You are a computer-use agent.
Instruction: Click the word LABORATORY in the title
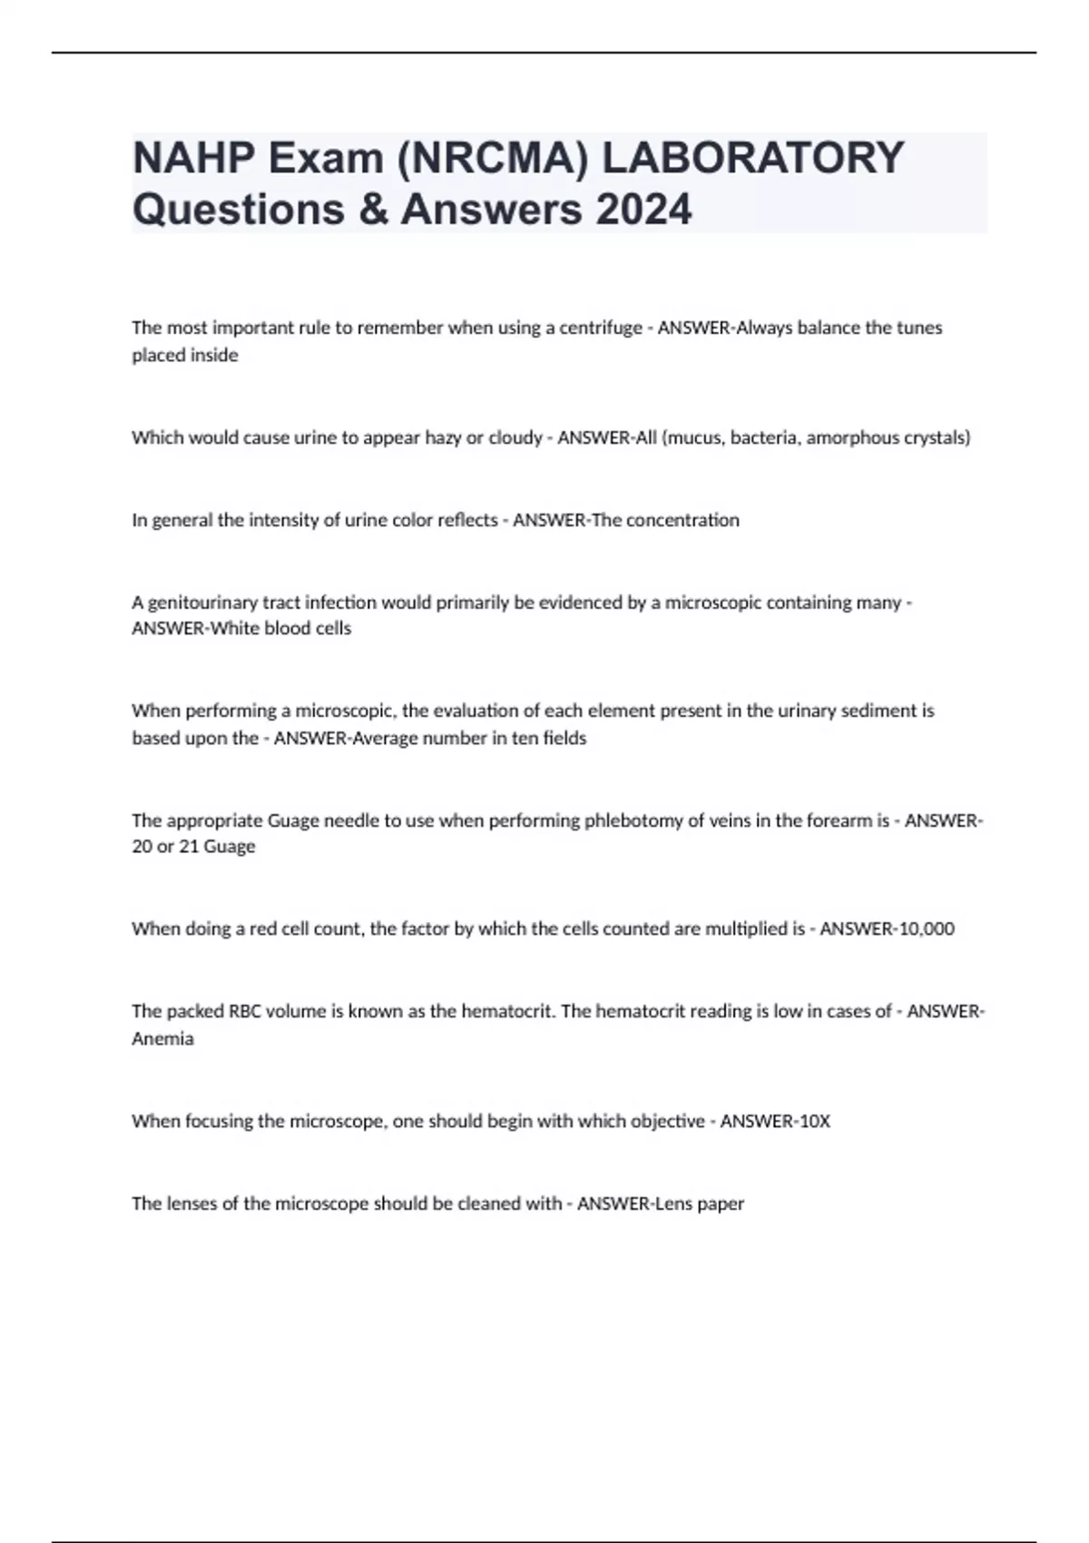coord(753,158)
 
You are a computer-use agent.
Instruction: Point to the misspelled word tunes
coord(919,328)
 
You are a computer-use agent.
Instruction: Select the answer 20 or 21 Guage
coord(193,846)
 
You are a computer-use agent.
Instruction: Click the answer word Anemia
coord(162,1038)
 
